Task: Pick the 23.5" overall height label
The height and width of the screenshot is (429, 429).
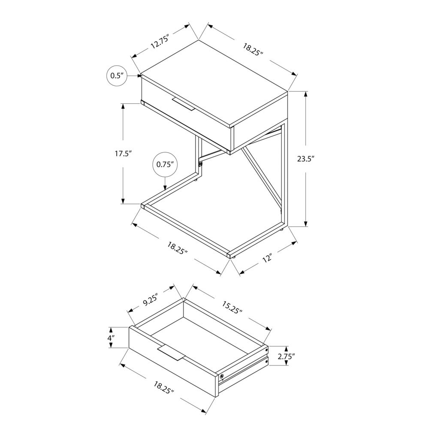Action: [306, 158]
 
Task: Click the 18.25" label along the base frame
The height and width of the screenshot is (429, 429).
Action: [178, 248]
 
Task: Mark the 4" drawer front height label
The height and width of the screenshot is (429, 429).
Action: [111, 338]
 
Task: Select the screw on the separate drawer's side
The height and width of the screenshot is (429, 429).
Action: [221, 376]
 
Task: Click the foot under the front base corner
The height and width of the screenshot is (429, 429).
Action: [234, 257]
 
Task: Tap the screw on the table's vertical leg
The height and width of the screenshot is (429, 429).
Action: [200, 163]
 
